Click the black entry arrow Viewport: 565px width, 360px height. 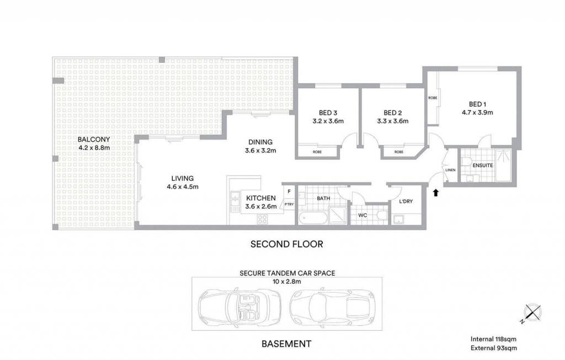pos(436,192)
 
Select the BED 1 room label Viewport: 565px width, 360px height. pos(477,104)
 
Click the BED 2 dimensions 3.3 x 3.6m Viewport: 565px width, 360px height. pos(393,121)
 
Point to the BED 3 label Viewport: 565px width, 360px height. pos(328,112)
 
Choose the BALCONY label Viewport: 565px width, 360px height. pos(94,139)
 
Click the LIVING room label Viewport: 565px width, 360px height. pos(182,178)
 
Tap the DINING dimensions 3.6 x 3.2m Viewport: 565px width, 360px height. pos(260,151)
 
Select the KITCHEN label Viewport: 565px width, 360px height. pos(261,198)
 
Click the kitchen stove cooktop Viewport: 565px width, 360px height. pos(262,219)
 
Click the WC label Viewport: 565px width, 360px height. pos(363,215)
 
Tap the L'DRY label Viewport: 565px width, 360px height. pos(406,201)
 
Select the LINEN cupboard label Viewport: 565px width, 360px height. pos(450,170)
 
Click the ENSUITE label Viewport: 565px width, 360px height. pos(482,165)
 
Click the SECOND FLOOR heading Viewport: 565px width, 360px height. pos(287,244)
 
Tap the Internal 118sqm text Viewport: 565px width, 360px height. pos(493,338)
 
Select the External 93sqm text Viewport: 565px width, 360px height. pos(494,348)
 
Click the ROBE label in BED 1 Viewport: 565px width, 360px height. pos(433,98)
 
